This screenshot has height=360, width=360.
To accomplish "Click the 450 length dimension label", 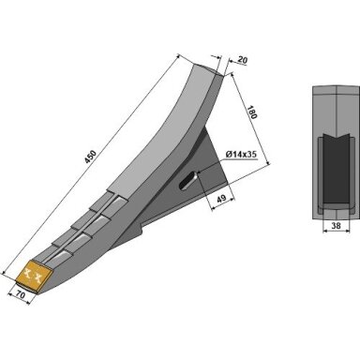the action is pyautogui.click(x=91, y=157).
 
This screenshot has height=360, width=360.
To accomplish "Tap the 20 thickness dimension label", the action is pyautogui.click(x=242, y=60).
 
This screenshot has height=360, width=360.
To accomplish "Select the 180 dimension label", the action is pyautogui.click(x=252, y=112).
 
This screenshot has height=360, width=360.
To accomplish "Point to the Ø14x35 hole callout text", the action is pyautogui.click(x=241, y=155).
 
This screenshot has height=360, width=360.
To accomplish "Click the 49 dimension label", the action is pyautogui.click(x=221, y=199).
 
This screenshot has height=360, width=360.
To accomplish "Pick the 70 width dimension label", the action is pyautogui.click(x=21, y=295).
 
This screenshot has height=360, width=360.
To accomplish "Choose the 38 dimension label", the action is pyautogui.click(x=336, y=226).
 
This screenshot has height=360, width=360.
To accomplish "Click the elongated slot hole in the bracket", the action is pyautogui.click(x=187, y=181).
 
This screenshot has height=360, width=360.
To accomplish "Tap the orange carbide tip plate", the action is pyautogui.click(x=35, y=276).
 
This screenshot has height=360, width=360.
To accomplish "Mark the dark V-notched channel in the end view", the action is pyautogui.click(x=337, y=171).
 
